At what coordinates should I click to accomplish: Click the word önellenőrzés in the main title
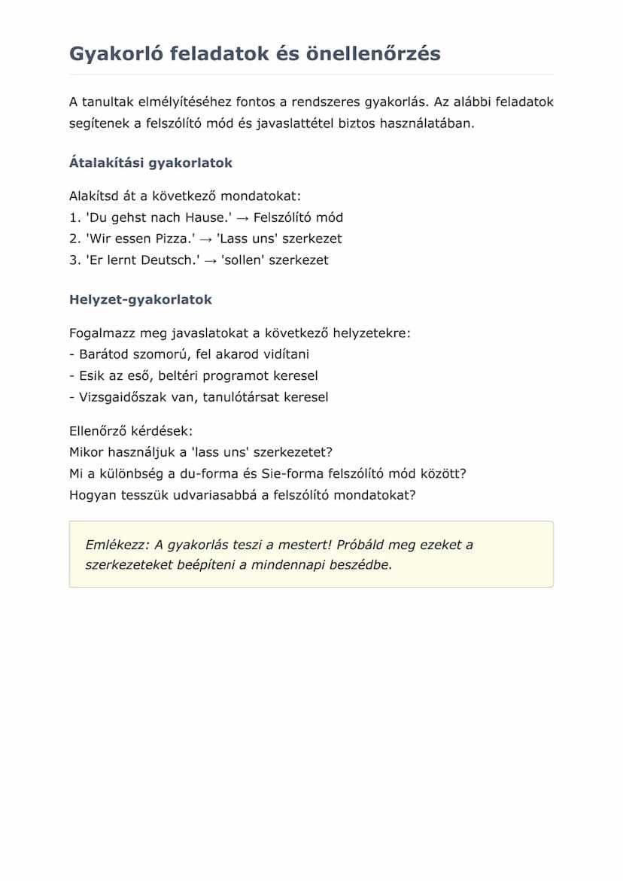[378, 54]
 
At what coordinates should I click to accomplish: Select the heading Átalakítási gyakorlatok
[150, 163]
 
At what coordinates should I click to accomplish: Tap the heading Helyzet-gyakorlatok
[141, 299]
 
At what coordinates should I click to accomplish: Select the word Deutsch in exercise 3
[168, 260]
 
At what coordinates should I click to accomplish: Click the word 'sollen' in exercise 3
[243, 260]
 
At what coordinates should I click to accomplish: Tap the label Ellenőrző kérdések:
[131, 431]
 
